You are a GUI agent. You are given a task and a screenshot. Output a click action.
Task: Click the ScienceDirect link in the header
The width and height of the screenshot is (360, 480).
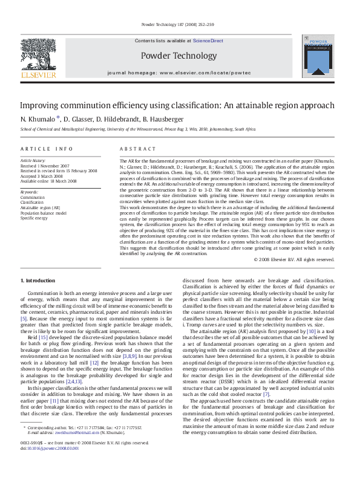[x=208, y=41]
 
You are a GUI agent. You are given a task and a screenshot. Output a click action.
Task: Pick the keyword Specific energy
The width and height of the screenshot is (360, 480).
[x=34, y=218]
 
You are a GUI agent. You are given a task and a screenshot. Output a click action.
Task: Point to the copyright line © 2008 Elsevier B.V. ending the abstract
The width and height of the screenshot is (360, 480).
[x=293, y=259]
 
